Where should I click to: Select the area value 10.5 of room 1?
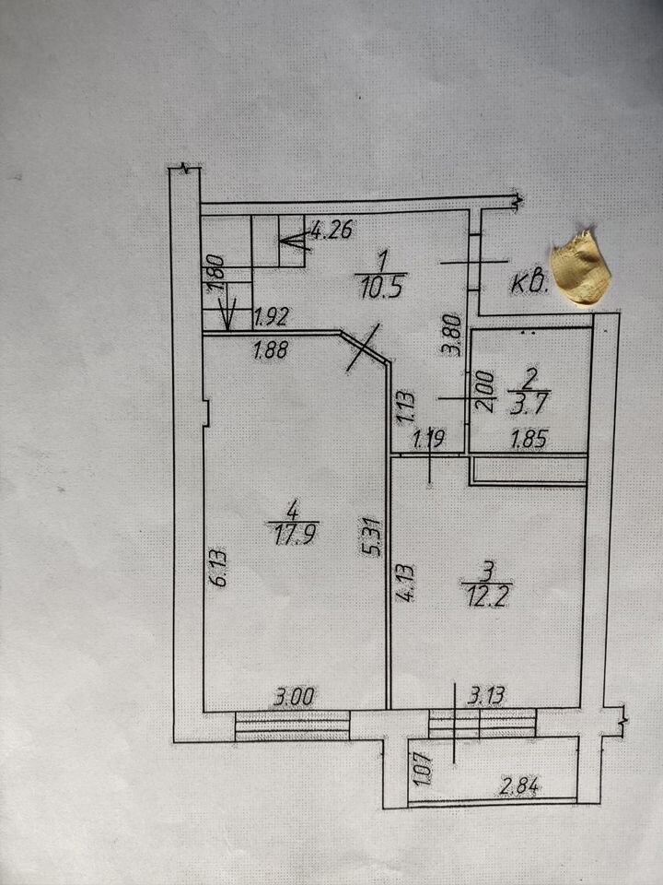[376, 285]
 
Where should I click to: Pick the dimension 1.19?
[429, 440]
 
